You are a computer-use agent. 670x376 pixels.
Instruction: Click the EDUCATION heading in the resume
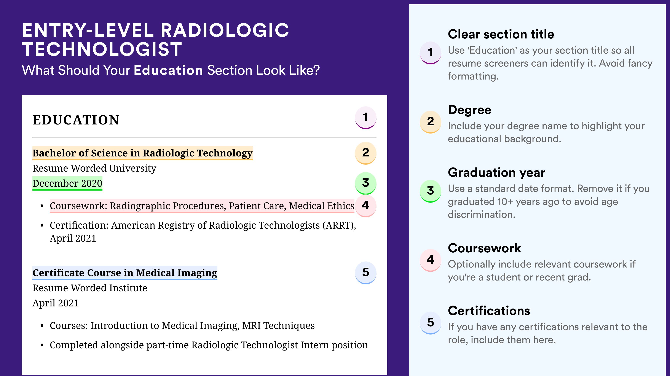(76, 120)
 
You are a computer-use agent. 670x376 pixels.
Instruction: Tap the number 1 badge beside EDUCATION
(365, 118)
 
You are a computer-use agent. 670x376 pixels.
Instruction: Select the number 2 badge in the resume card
(365, 153)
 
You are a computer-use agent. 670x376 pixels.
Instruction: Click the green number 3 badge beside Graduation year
(431, 191)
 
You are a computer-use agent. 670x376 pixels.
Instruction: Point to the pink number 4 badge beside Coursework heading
(431, 260)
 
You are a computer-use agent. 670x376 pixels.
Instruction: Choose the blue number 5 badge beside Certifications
(431, 323)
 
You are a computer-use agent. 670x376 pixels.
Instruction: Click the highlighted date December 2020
(67, 183)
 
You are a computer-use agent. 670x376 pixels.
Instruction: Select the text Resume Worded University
(94, 168)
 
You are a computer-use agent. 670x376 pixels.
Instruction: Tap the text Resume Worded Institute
(90, 288)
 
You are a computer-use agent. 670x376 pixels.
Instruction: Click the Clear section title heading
(501, 34)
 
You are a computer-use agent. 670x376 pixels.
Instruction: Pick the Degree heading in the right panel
(469, 110)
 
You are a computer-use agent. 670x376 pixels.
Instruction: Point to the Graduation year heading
(496, 172)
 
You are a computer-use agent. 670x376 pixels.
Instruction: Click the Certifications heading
(489, 311)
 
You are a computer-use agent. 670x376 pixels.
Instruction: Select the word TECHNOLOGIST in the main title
(102, 49)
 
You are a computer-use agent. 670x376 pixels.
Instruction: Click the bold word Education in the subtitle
(168, 70)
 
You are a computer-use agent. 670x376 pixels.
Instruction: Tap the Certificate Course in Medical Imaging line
(125, 273)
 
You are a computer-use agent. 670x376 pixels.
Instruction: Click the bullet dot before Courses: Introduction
(42, 326)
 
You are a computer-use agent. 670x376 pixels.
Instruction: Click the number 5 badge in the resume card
(365, 272)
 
